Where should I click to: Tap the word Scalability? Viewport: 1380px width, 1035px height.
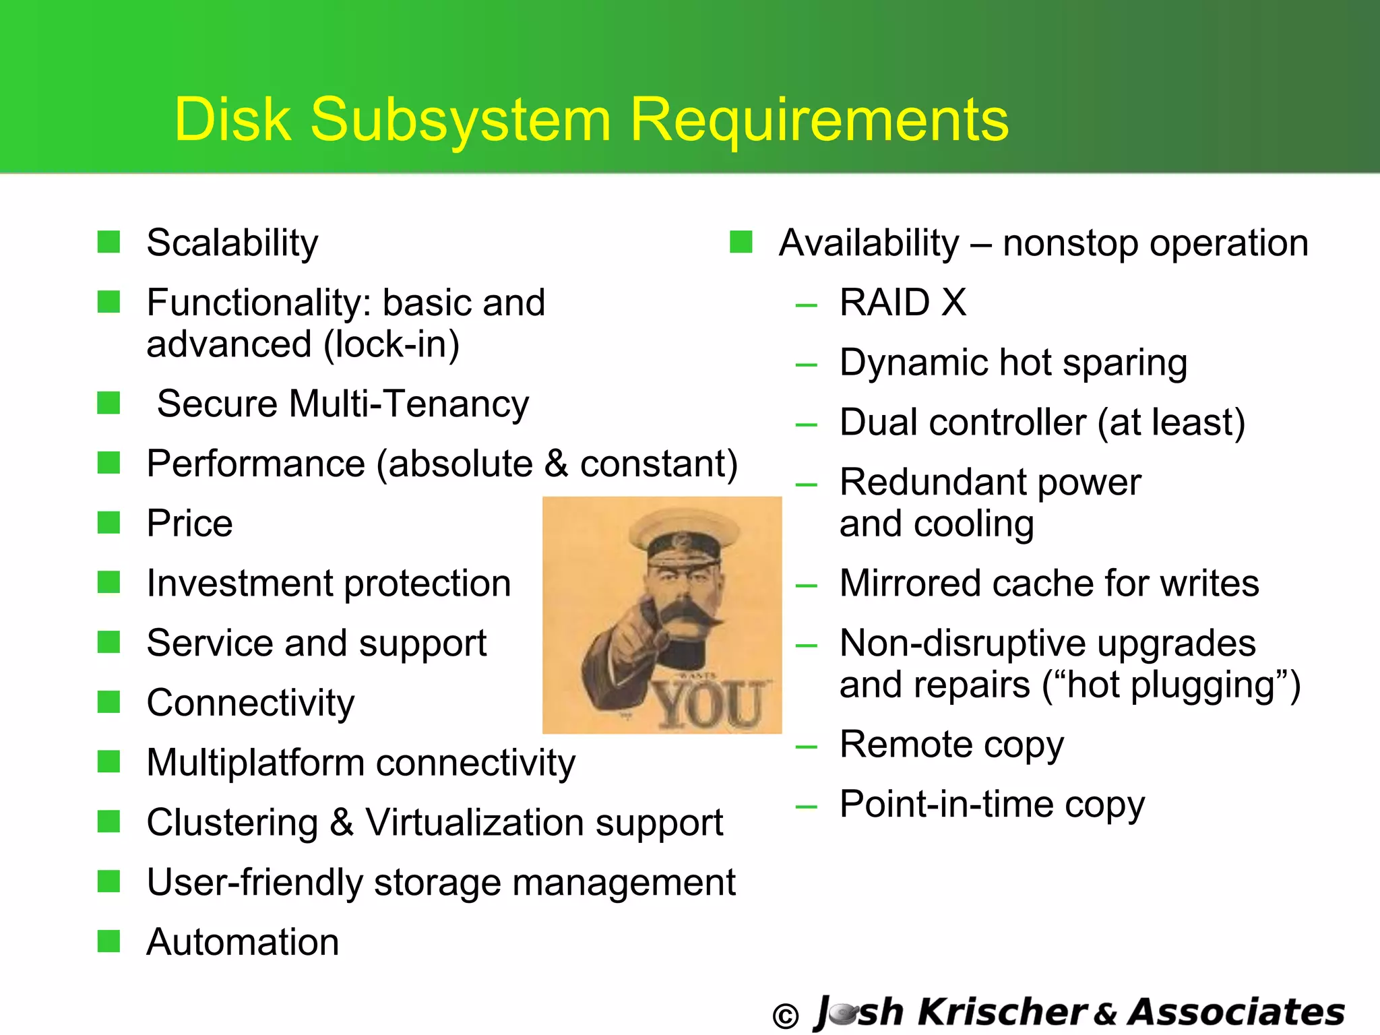[x=232, y=243]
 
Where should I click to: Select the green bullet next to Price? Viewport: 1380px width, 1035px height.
[x=108, y=522]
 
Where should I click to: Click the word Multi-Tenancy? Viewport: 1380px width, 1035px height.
[x=410, y=404]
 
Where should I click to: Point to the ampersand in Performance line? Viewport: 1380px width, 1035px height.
[x=557, y=464]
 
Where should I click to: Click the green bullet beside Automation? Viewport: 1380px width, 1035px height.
[x=108, y=941]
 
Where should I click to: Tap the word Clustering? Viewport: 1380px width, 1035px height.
[x=232, y=823]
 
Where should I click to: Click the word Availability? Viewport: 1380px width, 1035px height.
[x=869, y=243]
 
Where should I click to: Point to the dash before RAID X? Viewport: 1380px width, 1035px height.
[x=806, y=305]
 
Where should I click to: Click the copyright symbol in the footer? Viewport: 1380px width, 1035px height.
[x=785, y=1016]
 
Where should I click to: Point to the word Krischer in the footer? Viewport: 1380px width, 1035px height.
[x=1002, y=1012]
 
